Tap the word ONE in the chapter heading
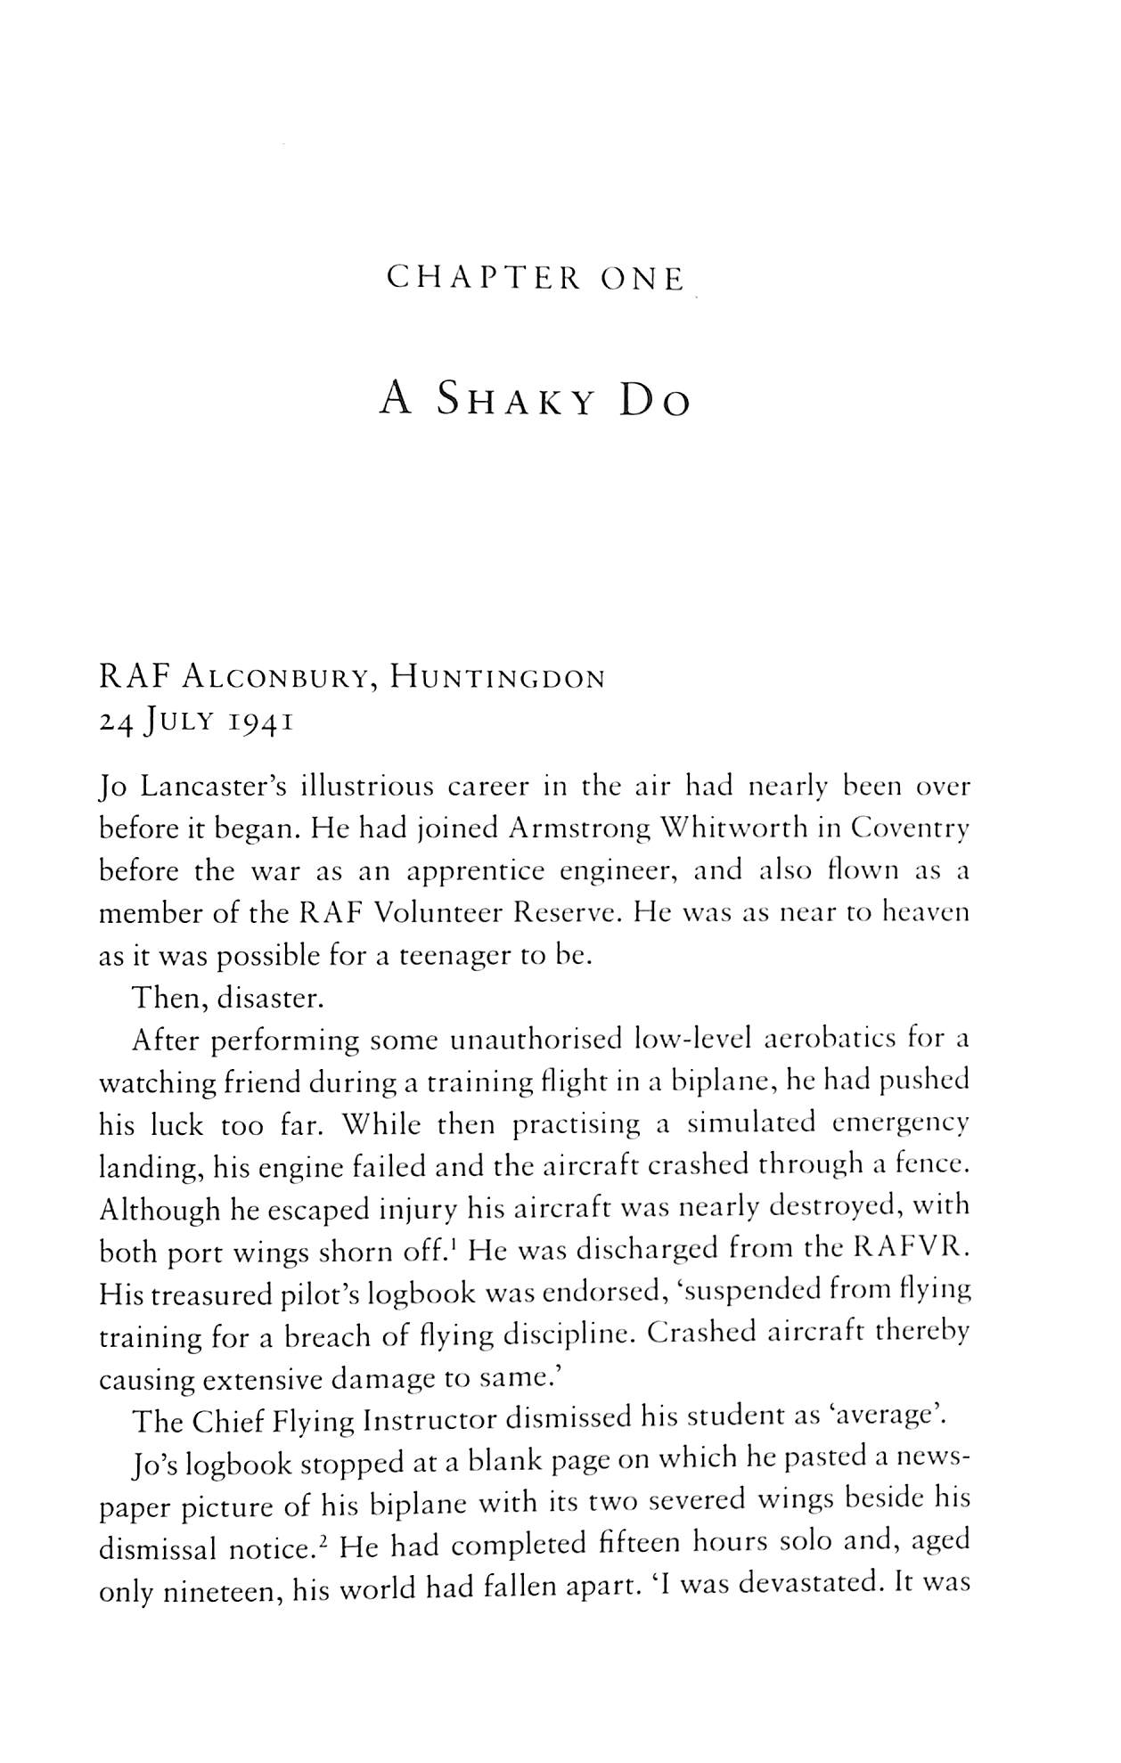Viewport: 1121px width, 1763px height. click(x=643, y=280)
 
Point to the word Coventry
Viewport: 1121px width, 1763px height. click(x=909, y=829)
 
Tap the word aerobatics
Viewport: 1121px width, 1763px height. click(x=826, y=1040)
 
